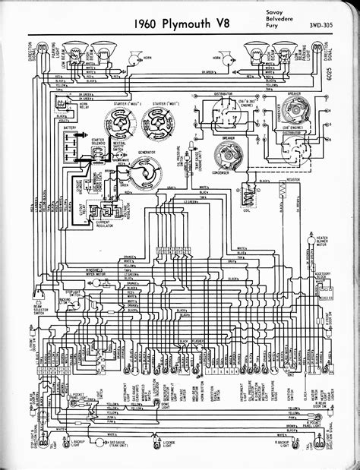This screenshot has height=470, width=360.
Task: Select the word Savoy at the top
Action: [x=276, y=13]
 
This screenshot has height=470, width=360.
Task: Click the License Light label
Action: [x=186, y=456]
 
